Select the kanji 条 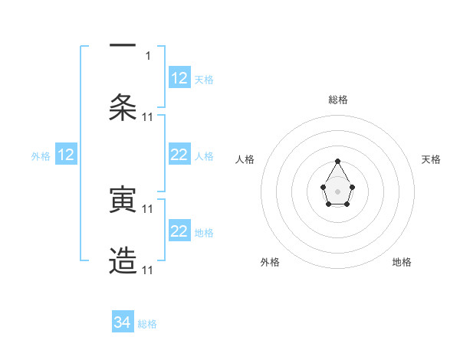click(123, 107)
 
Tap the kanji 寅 click(123, 200)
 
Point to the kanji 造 click(123, 261)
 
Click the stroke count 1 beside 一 click(148, 55)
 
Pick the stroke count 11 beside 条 click(148, 116)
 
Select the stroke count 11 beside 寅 click(148, 208)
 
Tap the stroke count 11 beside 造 click(148, 270)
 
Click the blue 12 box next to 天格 click(179, 78)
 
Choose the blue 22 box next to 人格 click(179, 155)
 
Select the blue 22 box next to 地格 click(179, 231)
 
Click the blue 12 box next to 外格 click(66, 155)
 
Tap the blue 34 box click(123, 322)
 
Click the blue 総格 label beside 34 click(147, 324)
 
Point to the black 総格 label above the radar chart click(337, 100)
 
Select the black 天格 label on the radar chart click(431, 159)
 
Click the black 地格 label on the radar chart click(402, 262)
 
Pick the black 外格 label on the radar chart click(270, 262)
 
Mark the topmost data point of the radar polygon click(337, 161)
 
